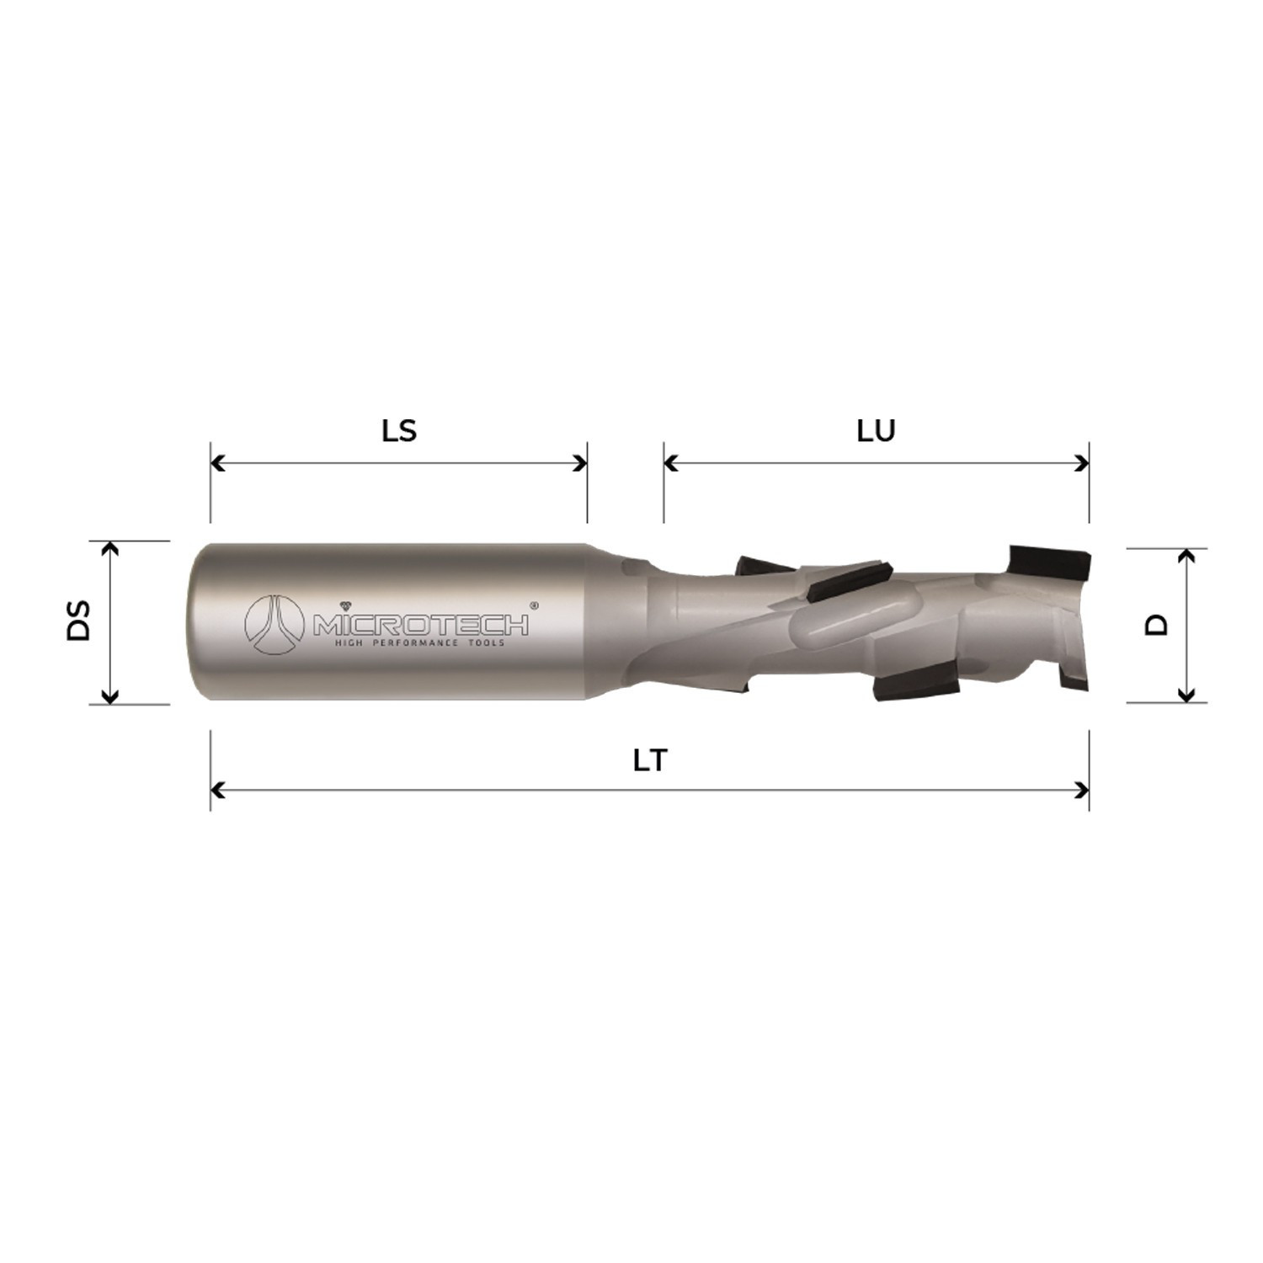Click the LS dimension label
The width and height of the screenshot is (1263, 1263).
click(x=399, y=431)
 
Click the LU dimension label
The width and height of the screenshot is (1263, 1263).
click(x=876, y=431)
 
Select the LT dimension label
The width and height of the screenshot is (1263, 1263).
click(x=649, y=760)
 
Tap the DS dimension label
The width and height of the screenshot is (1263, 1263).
click(x=78, y=621)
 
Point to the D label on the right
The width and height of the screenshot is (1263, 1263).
click(x=1159, y=624)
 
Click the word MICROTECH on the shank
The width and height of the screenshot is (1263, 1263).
click(x=421, y=626)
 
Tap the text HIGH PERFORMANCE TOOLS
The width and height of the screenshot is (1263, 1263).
click(x=420, y=643)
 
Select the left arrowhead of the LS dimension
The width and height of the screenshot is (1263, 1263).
click(x=217, y=463)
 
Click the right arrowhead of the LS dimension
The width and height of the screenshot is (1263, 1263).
click(x=580, y=463)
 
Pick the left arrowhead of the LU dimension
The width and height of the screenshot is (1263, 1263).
click(x=671, y=463)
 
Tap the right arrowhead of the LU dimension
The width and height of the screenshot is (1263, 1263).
click(x=1083, y=463)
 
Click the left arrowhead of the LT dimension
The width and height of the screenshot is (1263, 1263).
click(x=217, y=790)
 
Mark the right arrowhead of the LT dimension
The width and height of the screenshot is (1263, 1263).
click(x=1083, y=790)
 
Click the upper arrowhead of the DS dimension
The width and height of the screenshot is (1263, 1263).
click(x=109, y=549)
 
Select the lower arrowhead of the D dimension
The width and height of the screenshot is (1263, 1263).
click(x=1186, y=695)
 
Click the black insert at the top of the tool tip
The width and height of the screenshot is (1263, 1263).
click(x=1048, y=558)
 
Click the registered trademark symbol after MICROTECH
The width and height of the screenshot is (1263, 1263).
click(x=533, y=605)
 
